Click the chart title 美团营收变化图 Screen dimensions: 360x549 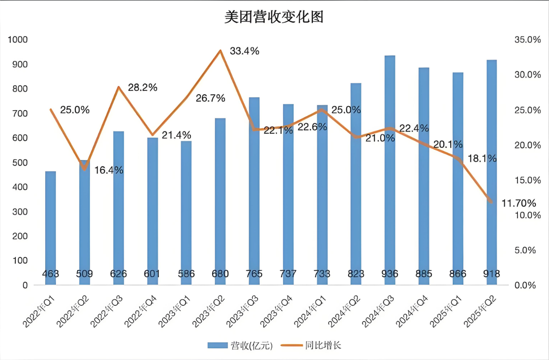click(274, 18)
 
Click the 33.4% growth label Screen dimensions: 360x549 click(244, 51)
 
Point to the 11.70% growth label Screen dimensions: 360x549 click(519, 203)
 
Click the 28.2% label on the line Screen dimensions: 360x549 click(143, 88)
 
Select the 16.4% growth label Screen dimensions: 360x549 click(109, 170)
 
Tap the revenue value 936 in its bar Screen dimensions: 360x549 click(390, 274)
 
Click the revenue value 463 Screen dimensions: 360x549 click(51, 274)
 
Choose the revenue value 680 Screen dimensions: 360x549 click(220, 274)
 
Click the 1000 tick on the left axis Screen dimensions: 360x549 click(18, 40)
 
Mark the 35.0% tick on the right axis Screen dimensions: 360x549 click(527, 40)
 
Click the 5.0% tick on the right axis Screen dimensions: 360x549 click(527, 250)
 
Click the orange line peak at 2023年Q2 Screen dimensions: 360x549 click(220, 51)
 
